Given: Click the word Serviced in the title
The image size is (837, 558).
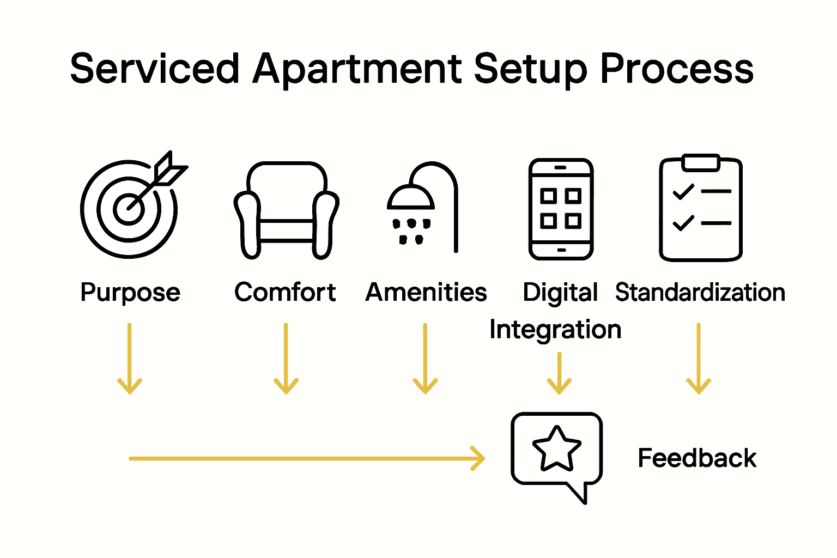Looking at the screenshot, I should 155,69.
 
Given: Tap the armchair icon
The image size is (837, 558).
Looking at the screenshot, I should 286,210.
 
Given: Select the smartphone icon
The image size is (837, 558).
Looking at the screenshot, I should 561,209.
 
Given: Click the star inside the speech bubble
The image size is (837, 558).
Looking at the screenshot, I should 556,448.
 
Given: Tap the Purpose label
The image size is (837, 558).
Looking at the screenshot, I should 130,293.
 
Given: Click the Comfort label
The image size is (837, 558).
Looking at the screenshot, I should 285,292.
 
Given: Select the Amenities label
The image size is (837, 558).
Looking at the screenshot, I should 426,292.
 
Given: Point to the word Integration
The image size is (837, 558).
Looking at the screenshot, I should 555,330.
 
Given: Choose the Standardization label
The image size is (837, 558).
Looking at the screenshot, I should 700,293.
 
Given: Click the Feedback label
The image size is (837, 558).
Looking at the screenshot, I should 697,458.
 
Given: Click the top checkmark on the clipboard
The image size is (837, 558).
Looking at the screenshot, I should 683,192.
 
